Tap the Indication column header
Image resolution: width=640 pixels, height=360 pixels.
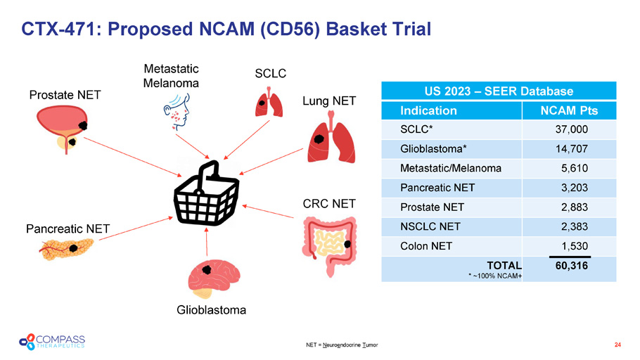click(428, 110)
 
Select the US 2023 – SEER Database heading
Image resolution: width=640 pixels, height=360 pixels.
click(499, 91)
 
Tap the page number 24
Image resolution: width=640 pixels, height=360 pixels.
click(617, 345)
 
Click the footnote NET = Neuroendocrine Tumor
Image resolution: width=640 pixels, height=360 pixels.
click(342, 345)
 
